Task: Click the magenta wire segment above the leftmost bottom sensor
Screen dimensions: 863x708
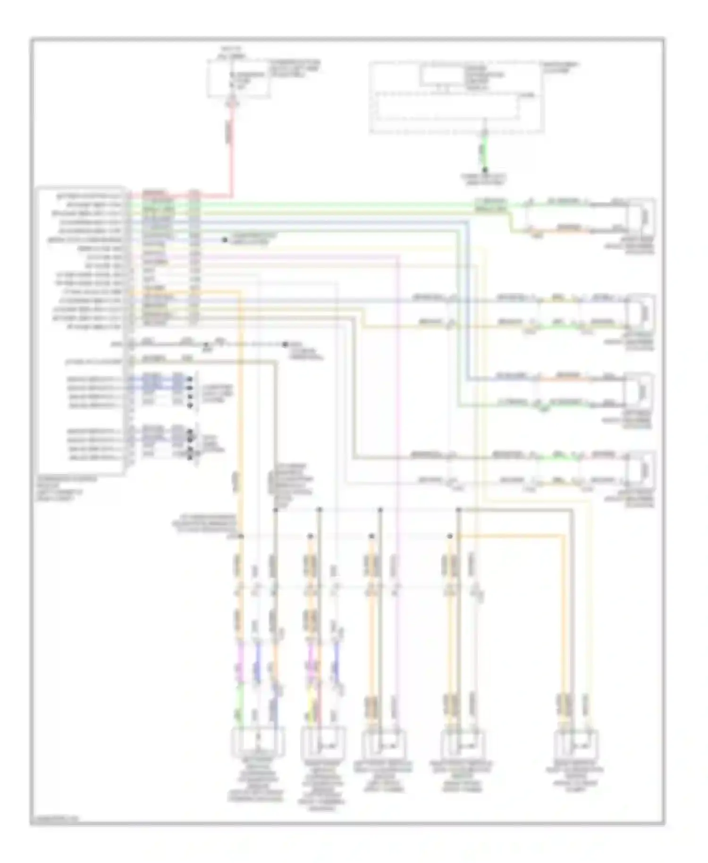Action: click(240, 661)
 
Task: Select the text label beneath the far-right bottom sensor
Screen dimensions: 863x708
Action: click(577, 777)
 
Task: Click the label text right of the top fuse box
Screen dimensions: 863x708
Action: click(294, 69)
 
